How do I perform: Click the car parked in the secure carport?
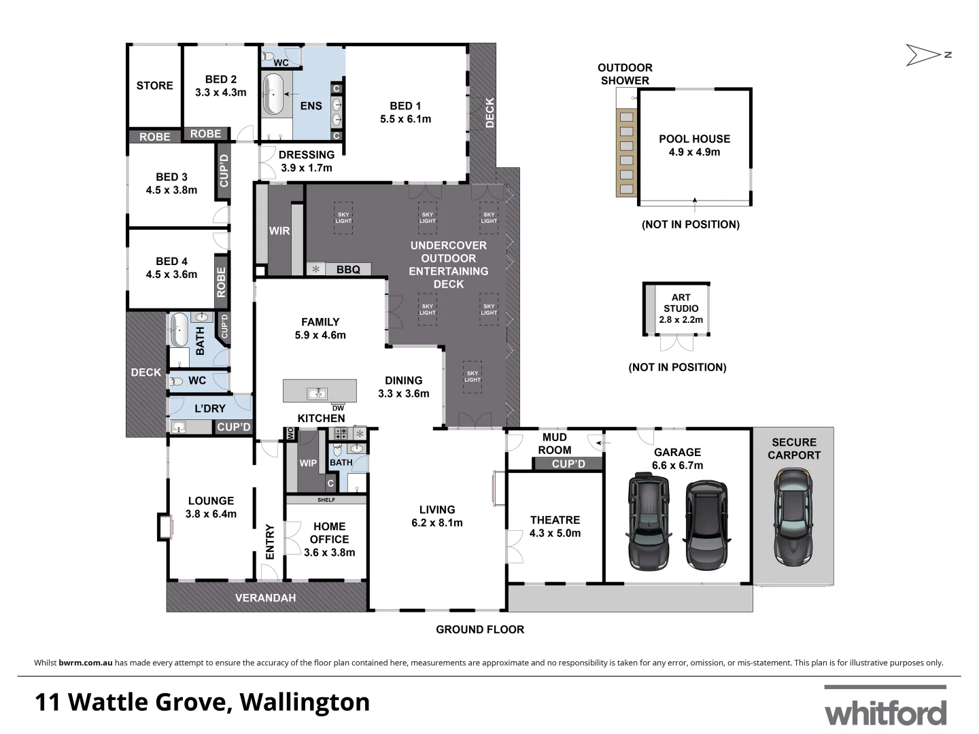[793, 518]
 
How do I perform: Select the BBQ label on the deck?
[348, 270]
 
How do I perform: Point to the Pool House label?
[694, 139]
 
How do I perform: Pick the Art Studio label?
[681, 302]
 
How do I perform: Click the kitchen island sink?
[317, 393]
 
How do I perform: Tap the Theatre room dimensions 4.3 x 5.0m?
[555, 534]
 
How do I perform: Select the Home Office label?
[329, 533]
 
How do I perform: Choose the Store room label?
[154, 86]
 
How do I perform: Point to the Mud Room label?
[555, 443]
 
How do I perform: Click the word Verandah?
[265, 598]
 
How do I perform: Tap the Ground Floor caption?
[480, 629]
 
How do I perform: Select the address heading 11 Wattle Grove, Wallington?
[202, 702]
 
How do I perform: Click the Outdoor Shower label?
[625, 73]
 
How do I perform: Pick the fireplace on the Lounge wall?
[164, 527]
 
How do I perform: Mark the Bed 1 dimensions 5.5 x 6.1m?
[405, 119]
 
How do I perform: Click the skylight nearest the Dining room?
[473, 376]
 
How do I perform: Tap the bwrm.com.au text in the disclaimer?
[86, 663]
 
